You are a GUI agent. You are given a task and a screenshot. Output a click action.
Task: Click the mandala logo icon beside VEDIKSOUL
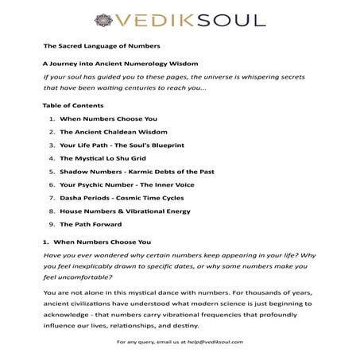pyautogui.click(x=103, y=17)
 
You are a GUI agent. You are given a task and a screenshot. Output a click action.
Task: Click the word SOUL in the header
pyautogui.click(x=227, y=17)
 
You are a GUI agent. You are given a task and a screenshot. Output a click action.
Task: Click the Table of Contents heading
pyautogui.click(x=72, y=105)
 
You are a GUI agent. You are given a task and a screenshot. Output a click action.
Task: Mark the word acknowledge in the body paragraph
pyautogui.click(x=72, y=312)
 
